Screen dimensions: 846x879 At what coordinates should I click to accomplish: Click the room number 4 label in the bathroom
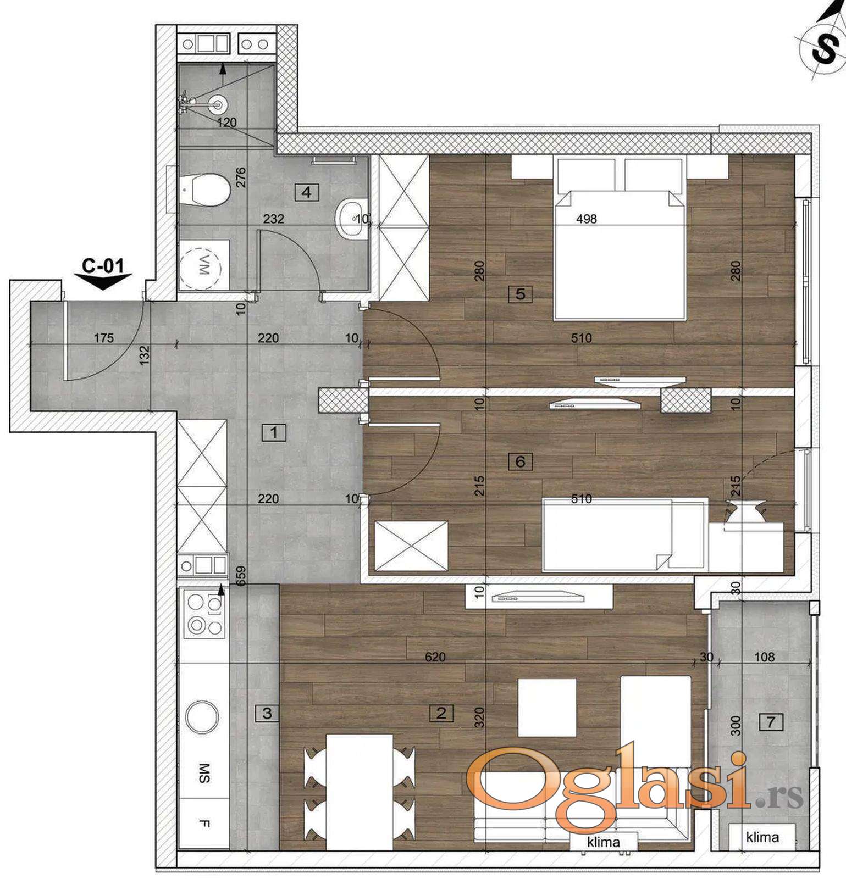point(307,192)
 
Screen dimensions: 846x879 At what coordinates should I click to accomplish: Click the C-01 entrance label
point(103,266)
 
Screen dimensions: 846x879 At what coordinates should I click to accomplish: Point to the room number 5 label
point(521,294)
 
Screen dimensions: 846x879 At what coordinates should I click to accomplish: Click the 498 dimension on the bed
point(587,219)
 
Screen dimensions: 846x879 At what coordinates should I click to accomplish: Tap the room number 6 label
point(520,461)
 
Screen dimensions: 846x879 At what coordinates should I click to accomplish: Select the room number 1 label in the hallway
point(274,432)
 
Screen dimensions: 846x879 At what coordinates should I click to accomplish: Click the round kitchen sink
point(202,717)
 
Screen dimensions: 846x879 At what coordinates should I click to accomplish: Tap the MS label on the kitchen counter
point(204,772)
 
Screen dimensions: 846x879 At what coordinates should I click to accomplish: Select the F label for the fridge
point(204,823)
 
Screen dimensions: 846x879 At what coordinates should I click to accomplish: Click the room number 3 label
point(267,713)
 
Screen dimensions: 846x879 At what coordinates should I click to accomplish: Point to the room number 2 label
point(441,713)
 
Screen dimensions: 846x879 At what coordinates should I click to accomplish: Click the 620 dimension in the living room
point(435,657)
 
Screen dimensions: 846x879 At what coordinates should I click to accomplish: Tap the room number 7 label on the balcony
point(771,721)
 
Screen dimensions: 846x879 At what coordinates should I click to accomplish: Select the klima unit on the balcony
point(762,837)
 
